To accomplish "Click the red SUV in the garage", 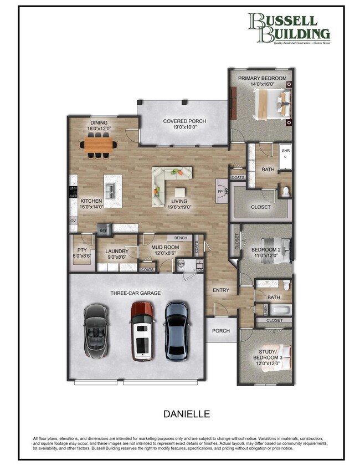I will pos(142,330).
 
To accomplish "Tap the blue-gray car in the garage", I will pos(177,330).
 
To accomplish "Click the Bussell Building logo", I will pos(289,28).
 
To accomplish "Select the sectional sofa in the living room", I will pos(169,180).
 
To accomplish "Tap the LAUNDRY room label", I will pos(117,251).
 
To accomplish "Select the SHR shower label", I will pos(286,151).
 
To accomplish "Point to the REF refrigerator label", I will pos(103,229).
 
